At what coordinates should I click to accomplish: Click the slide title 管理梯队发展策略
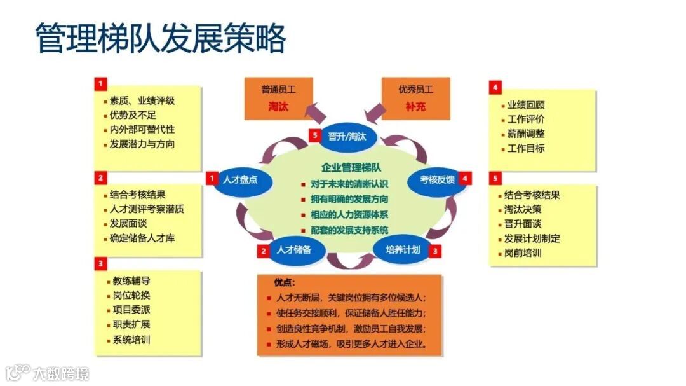pyautogui.click(x=160, y=39)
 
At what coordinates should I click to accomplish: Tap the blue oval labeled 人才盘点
pyautogui.click(x=241, y=180)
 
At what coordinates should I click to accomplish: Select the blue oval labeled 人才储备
pyautogui.click(x=293, y=250)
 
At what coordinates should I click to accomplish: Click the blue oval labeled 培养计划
pyautogui.click(x=403, y=250)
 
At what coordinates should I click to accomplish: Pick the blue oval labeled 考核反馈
pyautogui.click(x=438, y=179)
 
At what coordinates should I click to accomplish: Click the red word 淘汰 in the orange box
pyautogui.click(x=278, y=107)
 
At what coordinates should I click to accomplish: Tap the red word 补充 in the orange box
pyautogui.click(x=415, y=107)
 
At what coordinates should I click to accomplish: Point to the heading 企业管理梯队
pyautogui.click(x=351, y=168)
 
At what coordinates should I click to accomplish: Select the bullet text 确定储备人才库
pyautogui.click(x=142, y=238)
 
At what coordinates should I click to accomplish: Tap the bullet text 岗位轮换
pyautogui.click(x=131, y=296)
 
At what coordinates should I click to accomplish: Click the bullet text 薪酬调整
pyautogui.click(x=526, y=134)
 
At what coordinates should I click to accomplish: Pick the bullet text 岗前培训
pyautogui.click(x=523, y=253)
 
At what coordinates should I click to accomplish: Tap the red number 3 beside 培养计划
pyautogui.click(x=435, y=251)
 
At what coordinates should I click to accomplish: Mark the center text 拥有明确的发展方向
pyautogui.click(x=349, y=199)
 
